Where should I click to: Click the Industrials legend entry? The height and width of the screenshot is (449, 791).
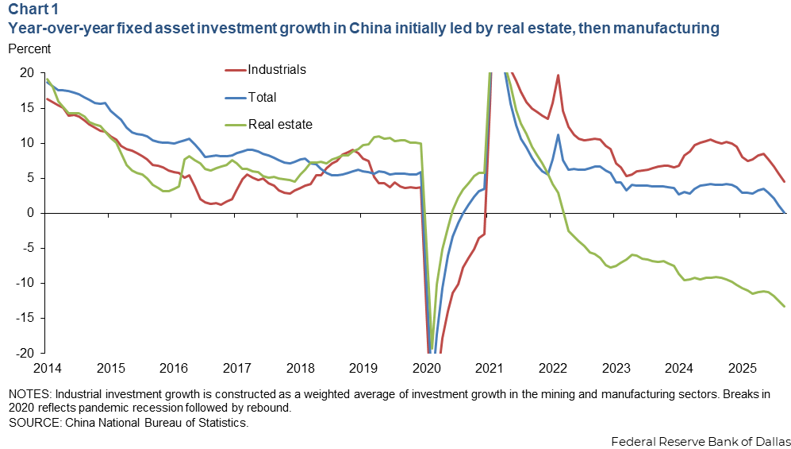277,70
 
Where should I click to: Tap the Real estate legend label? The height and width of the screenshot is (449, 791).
280,124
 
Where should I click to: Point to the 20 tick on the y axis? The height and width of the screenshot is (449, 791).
26,73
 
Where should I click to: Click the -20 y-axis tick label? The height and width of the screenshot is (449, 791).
24,354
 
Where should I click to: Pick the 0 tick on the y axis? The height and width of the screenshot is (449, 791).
29,213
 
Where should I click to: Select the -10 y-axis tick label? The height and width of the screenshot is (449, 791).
24,284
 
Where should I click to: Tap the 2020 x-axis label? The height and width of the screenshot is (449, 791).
427,370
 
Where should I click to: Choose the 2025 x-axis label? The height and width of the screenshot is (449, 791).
743,370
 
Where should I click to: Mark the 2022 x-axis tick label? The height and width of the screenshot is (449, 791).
553,370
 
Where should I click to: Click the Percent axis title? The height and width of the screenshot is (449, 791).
29,48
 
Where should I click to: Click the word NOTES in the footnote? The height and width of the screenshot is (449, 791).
28,395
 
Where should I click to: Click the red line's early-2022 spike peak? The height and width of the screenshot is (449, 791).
559,75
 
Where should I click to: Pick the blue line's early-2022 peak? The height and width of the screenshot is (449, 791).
559,135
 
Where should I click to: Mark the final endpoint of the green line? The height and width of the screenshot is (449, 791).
785,307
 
